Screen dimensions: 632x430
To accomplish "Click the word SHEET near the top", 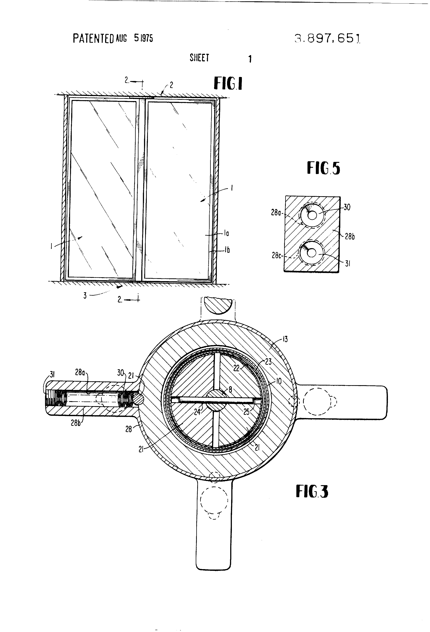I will [199, 58].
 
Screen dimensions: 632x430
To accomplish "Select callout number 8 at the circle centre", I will [230, 389].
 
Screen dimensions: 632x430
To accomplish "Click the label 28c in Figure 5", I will [276, 255].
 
